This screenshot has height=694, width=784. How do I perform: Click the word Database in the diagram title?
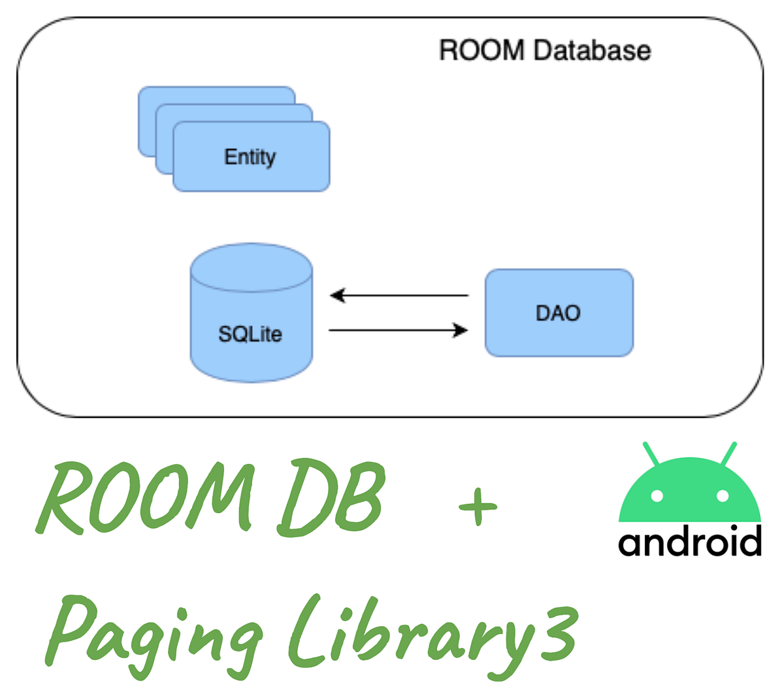[x=591, y=50]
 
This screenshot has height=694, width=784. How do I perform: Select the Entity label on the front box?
[x=250, y=157]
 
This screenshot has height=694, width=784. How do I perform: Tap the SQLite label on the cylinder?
[x=250, y=334]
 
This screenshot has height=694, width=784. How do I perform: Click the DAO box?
[x=559, y=313]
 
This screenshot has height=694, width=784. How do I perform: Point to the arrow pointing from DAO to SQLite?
[x=399, y=295]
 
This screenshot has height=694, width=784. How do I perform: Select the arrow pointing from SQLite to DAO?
[x=399, y=331]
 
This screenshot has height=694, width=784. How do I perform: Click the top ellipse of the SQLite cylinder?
[x=252, y=268]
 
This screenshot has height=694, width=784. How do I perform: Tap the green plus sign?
[x=478, y=506]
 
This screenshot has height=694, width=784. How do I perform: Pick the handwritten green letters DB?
[x=330, y=500]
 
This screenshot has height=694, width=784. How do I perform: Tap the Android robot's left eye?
[x=657, y=496]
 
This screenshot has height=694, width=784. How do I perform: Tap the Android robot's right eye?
[x=722, y=496]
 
